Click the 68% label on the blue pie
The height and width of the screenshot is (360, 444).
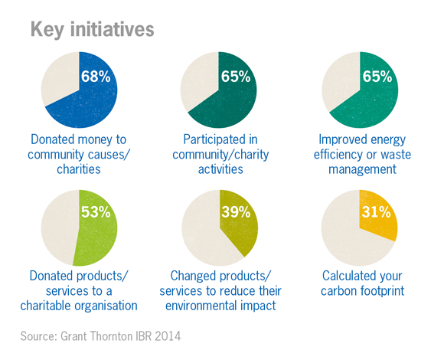point(96,76)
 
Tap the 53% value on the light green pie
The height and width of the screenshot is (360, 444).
point(96,212)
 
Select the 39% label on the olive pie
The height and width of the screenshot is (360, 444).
point(236,212)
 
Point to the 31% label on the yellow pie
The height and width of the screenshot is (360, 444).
point(377,212)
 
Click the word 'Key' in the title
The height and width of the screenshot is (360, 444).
point(47,30)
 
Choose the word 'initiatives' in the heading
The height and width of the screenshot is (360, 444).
point(112,29)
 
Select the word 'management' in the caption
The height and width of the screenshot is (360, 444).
point(362,169)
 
